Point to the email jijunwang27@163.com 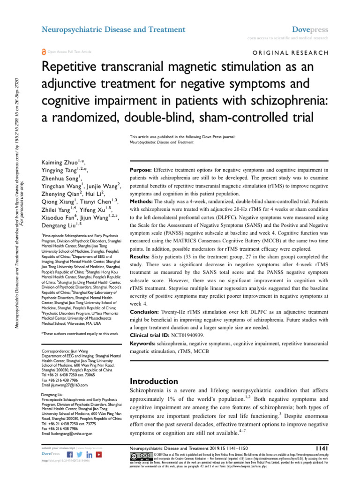(65, 385)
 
